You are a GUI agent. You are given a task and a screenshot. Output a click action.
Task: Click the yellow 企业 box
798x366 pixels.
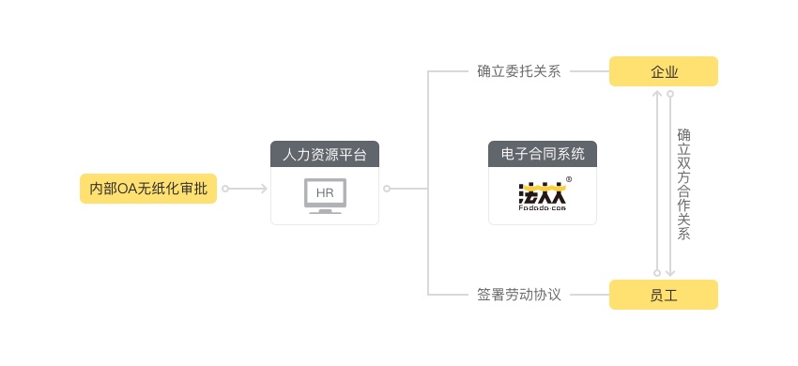pos(663,71)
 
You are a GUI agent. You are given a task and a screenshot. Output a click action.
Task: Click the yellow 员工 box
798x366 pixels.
pos(663,295)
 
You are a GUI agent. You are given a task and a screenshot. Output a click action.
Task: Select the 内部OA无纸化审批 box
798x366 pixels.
pos(147,189)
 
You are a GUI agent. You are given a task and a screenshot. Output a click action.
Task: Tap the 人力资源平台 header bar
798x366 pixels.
pos(324,154)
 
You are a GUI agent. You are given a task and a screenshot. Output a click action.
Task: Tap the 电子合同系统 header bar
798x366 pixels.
pos(542,154)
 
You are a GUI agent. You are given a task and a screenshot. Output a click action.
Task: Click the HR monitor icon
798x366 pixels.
pos(325,195)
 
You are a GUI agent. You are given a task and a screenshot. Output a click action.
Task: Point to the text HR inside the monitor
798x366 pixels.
pos(325,193)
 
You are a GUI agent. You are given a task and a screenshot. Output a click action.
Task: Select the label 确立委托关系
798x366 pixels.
pos(518,71)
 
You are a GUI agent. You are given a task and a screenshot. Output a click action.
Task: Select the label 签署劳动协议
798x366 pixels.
pos(518,295)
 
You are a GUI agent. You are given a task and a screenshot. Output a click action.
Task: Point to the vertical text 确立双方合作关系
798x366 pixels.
pos(683,184)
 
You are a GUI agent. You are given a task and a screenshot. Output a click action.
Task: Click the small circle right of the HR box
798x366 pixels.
pos(386,189)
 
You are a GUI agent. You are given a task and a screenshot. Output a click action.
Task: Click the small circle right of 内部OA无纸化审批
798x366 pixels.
pos(225,189)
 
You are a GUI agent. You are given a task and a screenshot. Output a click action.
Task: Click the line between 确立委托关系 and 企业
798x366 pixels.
pos(589,71)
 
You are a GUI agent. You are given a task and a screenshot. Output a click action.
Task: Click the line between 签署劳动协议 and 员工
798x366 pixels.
pos(589,295)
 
